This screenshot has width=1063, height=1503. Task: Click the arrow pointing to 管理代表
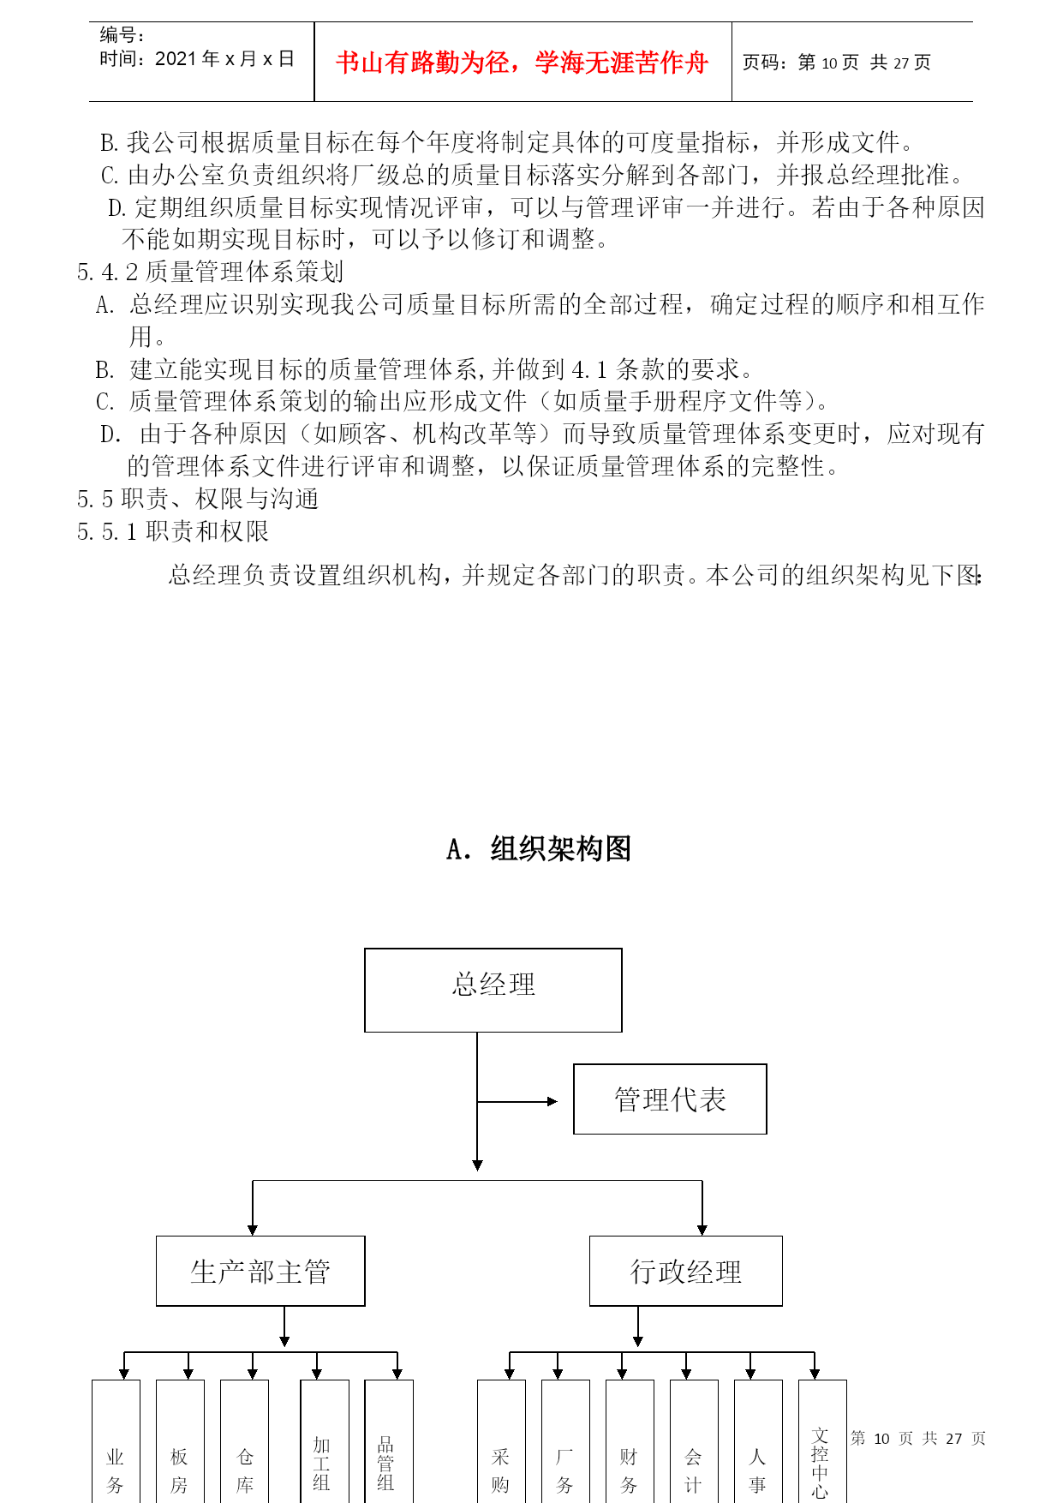click(x=517, y=1101)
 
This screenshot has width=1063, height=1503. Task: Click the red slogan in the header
click(x=523, y=63)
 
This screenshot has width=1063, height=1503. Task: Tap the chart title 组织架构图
click(x=561, y=848)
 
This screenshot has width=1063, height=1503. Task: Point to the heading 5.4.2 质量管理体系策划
click(x=211, y=272)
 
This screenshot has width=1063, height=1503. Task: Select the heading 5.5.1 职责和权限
click(x=173, y=531)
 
